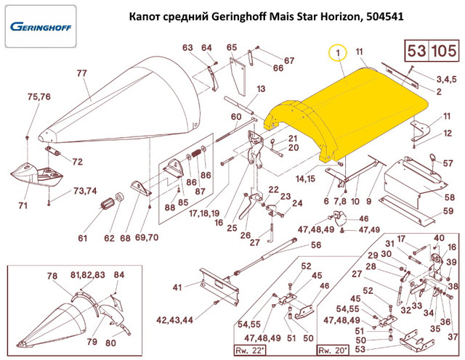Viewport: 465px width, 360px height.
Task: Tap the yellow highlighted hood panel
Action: click(x=349, y=109)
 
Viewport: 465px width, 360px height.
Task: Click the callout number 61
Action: click(x=82, y=238)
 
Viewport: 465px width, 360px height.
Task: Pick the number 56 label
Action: click(x=316, y=245)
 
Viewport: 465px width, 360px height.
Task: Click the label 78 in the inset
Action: click(x=52, y=277)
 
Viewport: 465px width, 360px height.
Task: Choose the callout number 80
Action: click(x=110, y=343)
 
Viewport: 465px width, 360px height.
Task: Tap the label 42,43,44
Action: click(x=169, y=320)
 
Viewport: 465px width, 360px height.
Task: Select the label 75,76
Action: click(x=39, y=97)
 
